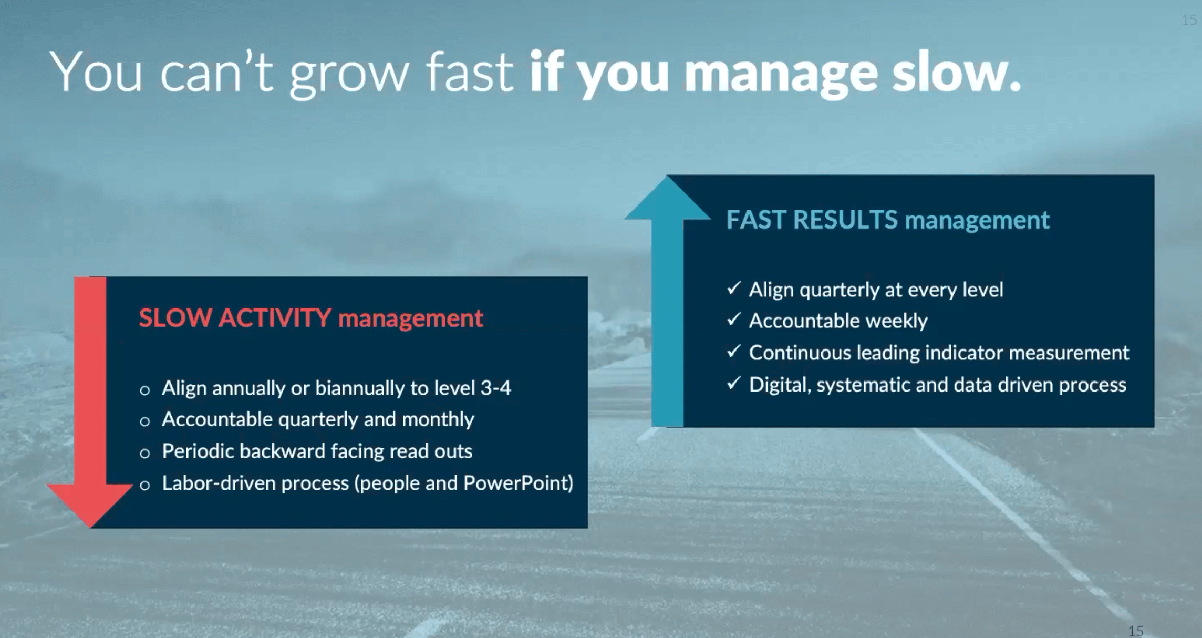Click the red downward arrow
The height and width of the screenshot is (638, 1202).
point(90,402)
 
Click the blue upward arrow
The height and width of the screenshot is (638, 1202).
point(667,301)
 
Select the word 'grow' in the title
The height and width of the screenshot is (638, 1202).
point(349,76)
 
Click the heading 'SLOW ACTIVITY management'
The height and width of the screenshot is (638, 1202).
point(310,318)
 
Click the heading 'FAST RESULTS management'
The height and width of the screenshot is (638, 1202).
point(888,220)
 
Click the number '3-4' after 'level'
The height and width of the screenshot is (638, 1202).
point(495,388)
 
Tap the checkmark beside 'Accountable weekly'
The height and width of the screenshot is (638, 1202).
point(734,319)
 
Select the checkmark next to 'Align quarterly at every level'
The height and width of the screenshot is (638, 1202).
point(734,288)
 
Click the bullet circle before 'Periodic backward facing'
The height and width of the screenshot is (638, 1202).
point(145,453)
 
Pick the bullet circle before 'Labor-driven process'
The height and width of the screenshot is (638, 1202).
point(145,485)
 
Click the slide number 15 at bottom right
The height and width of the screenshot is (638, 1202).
point(1136,631)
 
